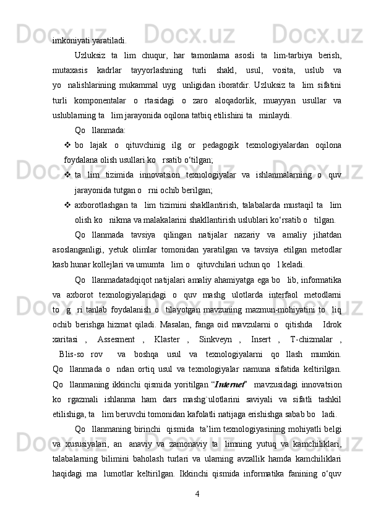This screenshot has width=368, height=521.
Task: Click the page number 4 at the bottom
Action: [x=196, y=494]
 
